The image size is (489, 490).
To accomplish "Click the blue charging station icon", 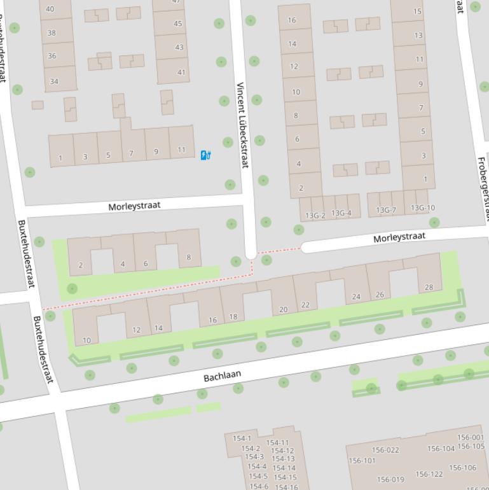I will click(x=205, y=155).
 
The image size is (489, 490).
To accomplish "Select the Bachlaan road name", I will click(x=223, y=376).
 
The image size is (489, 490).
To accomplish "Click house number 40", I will click(x=50, y=9).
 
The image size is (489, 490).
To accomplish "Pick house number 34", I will click(x=54, y=81).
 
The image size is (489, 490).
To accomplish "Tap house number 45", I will click(x=178, y=24).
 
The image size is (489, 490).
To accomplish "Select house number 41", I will click(x=181, y=72).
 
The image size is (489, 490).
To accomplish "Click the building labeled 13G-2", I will click(x=315, y=215).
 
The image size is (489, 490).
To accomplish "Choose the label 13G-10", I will click(x=423, y=208).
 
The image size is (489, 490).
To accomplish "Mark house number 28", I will click(x=429, y=287).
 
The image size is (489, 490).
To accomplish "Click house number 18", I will click(x=233, y=316).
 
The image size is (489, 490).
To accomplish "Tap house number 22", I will click(x=305, y=305).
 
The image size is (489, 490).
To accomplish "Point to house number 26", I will click(x=380, y=294).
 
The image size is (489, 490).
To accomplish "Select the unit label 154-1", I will click(x=242, y=438).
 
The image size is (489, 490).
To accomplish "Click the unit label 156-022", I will click(x=385, y=450).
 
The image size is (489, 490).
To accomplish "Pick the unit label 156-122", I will click(x=429, y=474).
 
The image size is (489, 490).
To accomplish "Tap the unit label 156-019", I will click(x=390, y=480).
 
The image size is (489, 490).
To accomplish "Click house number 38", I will click(x=52, y=32).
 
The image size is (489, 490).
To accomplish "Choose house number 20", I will click(x=283, y=309).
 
